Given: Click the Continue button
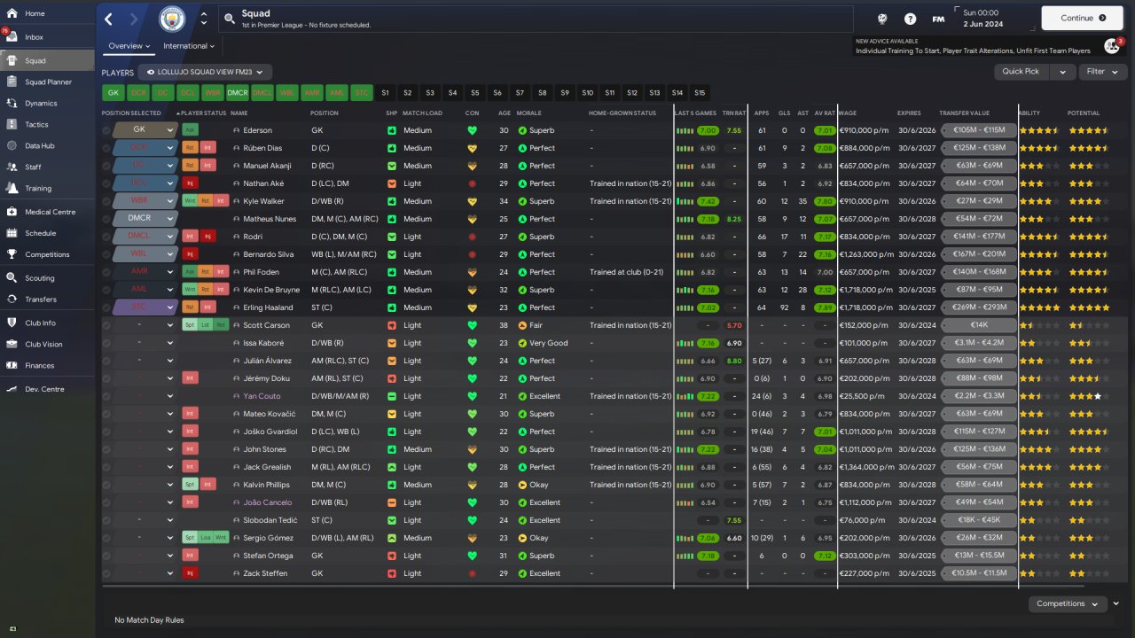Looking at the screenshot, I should point(1082,18).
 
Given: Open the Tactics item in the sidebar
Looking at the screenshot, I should point(36,124).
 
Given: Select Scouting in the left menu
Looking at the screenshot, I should point(40,278).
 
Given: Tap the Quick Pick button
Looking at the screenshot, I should point(1021,72).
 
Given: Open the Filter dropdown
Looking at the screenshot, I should point(1102,72).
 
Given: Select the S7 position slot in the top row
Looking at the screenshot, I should point(520,92).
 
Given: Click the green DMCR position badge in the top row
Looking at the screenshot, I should point(238,92).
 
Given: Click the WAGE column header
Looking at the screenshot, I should point(848,113).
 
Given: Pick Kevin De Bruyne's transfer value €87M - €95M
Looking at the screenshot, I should point(979,290).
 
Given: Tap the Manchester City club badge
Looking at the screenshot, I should point(172,18).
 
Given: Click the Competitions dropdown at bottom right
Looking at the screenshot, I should point(1068,604).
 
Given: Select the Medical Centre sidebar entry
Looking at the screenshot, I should point(50,212).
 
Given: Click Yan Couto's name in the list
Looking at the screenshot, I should point(262,396).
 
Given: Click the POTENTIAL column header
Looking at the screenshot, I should point(1083,113).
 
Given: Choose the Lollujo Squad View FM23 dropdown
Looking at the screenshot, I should point(209,72).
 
